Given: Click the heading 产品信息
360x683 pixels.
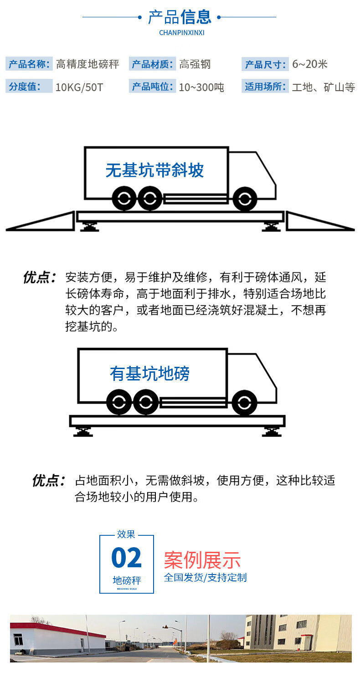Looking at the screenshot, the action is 180,17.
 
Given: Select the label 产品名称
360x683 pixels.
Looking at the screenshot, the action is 29,64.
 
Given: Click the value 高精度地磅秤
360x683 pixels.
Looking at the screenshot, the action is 87,64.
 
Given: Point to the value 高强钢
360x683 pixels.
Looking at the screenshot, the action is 195,64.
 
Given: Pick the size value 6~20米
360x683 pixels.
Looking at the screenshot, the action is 310,64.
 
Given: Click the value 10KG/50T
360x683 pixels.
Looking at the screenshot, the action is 79,87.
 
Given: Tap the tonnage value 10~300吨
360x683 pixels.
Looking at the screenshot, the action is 201,87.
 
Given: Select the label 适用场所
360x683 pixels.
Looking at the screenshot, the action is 265,87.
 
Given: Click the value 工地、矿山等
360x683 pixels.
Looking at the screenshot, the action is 323,87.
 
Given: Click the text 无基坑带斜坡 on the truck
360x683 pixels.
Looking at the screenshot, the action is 154,170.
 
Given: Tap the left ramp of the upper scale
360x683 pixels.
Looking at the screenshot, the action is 46,222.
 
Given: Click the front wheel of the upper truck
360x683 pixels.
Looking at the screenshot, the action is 244,199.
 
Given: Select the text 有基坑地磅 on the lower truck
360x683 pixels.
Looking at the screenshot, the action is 149,374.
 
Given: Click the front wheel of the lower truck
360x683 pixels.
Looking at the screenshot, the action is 244,403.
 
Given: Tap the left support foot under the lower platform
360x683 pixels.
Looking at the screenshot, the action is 84,431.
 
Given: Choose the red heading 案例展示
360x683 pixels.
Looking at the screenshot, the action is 202,560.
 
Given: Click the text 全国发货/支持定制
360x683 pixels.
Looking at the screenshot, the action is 205,577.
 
